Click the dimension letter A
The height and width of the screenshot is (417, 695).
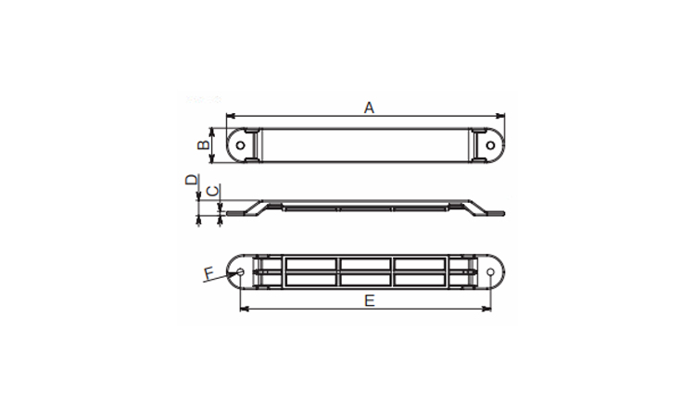369,107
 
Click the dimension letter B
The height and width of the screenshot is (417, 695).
203,145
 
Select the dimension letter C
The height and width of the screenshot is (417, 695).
213,192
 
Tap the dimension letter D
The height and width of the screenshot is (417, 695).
192,180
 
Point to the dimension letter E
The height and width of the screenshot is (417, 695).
369,301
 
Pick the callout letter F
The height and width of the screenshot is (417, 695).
208,273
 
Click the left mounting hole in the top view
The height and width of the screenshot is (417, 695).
241,145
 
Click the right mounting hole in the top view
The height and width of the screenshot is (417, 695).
490,145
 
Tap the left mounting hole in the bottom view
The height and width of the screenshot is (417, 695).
240,272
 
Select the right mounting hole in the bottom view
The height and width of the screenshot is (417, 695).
490,272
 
